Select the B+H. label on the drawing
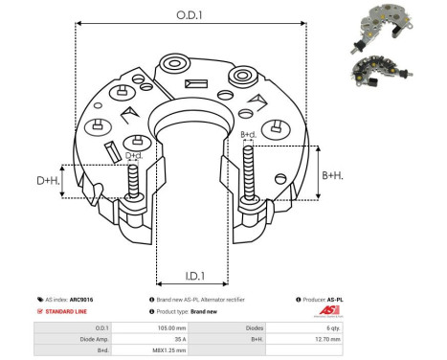(x=332, y=175)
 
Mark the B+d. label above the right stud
(x=248, y=134)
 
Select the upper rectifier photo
(x=390, y=23)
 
